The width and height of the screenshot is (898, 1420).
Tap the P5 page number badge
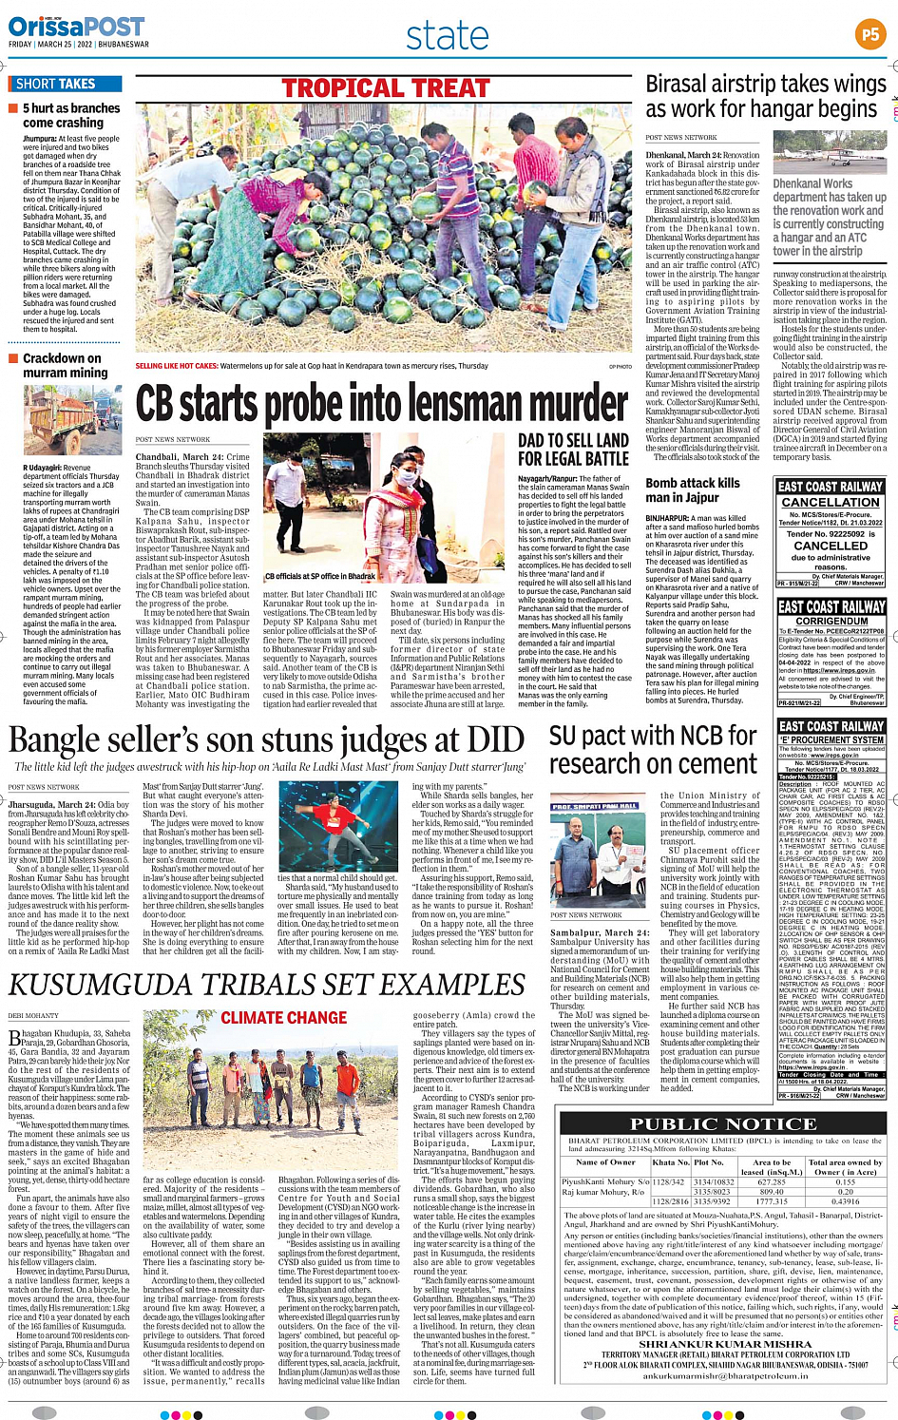pyautogui.click(x=869, y=35)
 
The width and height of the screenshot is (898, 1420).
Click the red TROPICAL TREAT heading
pyautogui.click(x=386, y=88)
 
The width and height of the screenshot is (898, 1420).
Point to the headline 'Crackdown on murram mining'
pyautogui.click(x=65, y=365)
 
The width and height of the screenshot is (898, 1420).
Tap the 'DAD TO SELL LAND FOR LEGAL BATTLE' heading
pyautogui.click(x=573, y=450)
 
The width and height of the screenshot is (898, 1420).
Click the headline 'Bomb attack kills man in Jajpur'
pyautogui.click(x=693, y=489)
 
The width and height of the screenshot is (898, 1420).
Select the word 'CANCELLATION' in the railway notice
pyautogui.click(x=831, y=502)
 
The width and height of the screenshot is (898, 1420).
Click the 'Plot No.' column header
pyautogui.click(x=709, y=1161)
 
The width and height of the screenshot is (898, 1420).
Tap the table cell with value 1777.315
pyautogui.click(x=772, y=1200)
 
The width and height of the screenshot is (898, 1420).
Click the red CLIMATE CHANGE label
pyautogui.click(x=270, y=1018)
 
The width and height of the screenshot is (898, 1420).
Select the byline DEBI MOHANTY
pyautogui.click(x=33, y=1015)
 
